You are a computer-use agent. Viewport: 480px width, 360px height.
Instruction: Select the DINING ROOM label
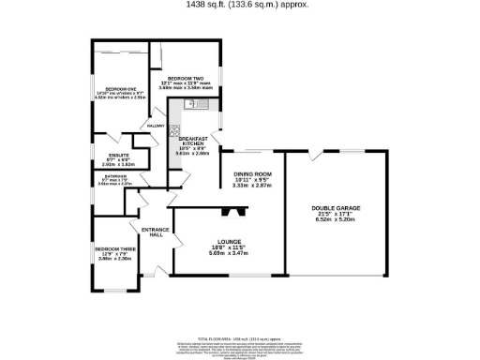pyautogui.click(x=251, y=173)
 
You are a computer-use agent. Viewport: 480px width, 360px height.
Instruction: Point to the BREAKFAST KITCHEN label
pyautogui.click(x=190, y=143)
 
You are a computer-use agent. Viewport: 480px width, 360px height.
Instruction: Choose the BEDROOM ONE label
pyautogui.click(x=120, y=87)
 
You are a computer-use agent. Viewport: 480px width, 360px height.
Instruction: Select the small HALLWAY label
pyautogui.click(x=157, y=125)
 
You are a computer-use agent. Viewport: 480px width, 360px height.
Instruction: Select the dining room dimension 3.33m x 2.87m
pyautogui.click(x=251, y=186)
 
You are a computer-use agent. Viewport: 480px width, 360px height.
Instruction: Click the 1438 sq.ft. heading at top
pyautogui.click(x=240, y=5)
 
